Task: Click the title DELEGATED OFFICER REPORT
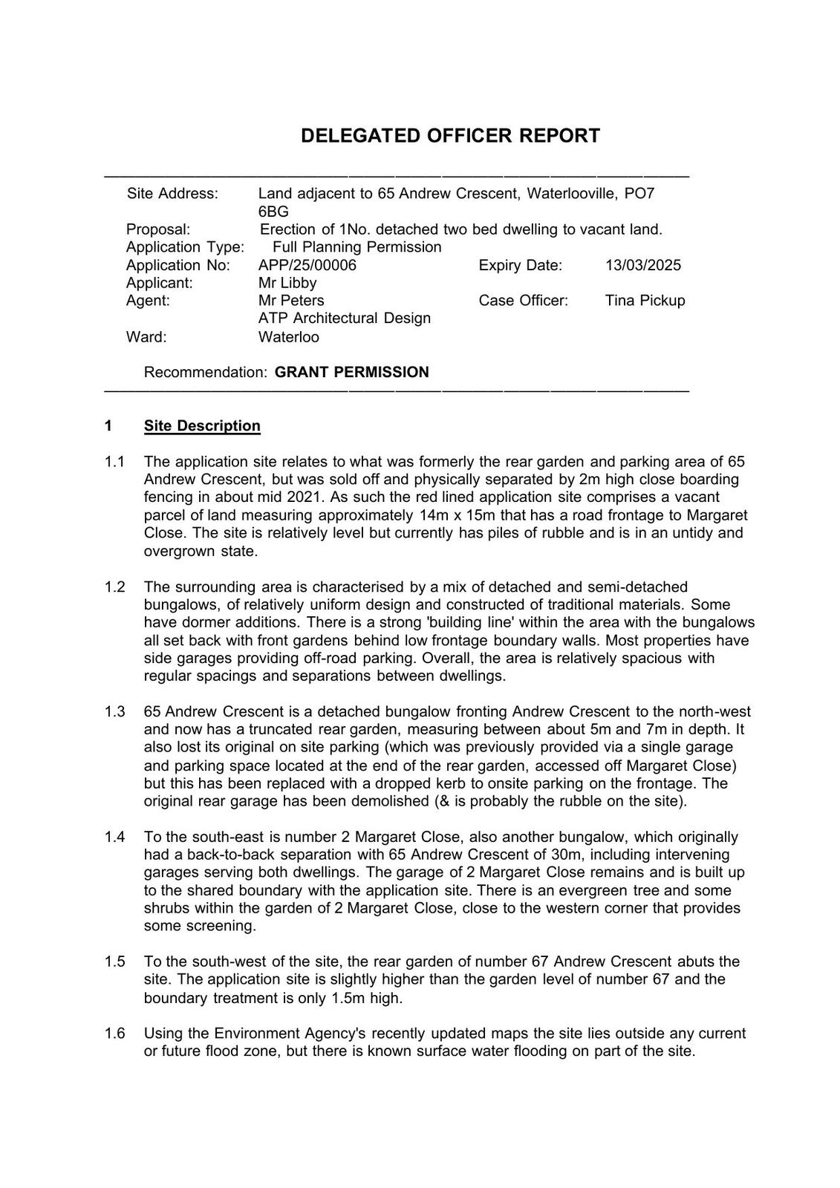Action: tap(450, 136)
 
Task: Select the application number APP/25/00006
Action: tap(307, 265)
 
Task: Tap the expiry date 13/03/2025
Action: tap(642, 265)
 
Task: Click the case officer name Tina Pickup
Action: tap(645, 301)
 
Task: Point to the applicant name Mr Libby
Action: tap(287, 283)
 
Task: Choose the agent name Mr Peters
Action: tap(291, 301)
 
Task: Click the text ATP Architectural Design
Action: tap(344, 319)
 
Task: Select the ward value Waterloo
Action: tap(288, 337)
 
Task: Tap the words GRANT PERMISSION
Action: tap(351, 372)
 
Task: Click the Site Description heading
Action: tap(202, 426)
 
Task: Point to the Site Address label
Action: tap(172, 194)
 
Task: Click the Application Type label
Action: tap(185, 247)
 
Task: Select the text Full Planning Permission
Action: tap(356, 247)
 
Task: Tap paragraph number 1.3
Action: tap(114, 712)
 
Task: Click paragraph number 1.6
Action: tap(114, 1034)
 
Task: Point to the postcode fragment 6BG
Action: tap(273, 212)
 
